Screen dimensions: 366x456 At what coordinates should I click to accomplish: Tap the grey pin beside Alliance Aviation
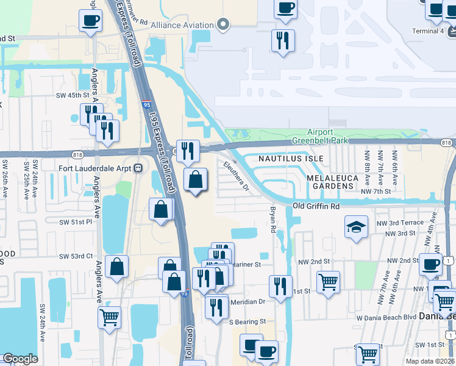223,25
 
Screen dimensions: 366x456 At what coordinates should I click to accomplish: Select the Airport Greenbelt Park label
320,135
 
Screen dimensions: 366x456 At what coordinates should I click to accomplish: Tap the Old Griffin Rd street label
315,207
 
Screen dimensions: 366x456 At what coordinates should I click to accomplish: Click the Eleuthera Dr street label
237,175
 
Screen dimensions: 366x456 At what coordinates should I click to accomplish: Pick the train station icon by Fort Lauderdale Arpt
138,168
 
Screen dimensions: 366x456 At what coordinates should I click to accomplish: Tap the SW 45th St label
73,95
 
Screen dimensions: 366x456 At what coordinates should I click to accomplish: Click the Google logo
21,359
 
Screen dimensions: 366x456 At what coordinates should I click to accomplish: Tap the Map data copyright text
429,361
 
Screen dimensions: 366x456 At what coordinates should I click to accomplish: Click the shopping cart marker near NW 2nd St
328,282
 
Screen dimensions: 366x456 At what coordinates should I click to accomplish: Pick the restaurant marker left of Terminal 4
283,41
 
